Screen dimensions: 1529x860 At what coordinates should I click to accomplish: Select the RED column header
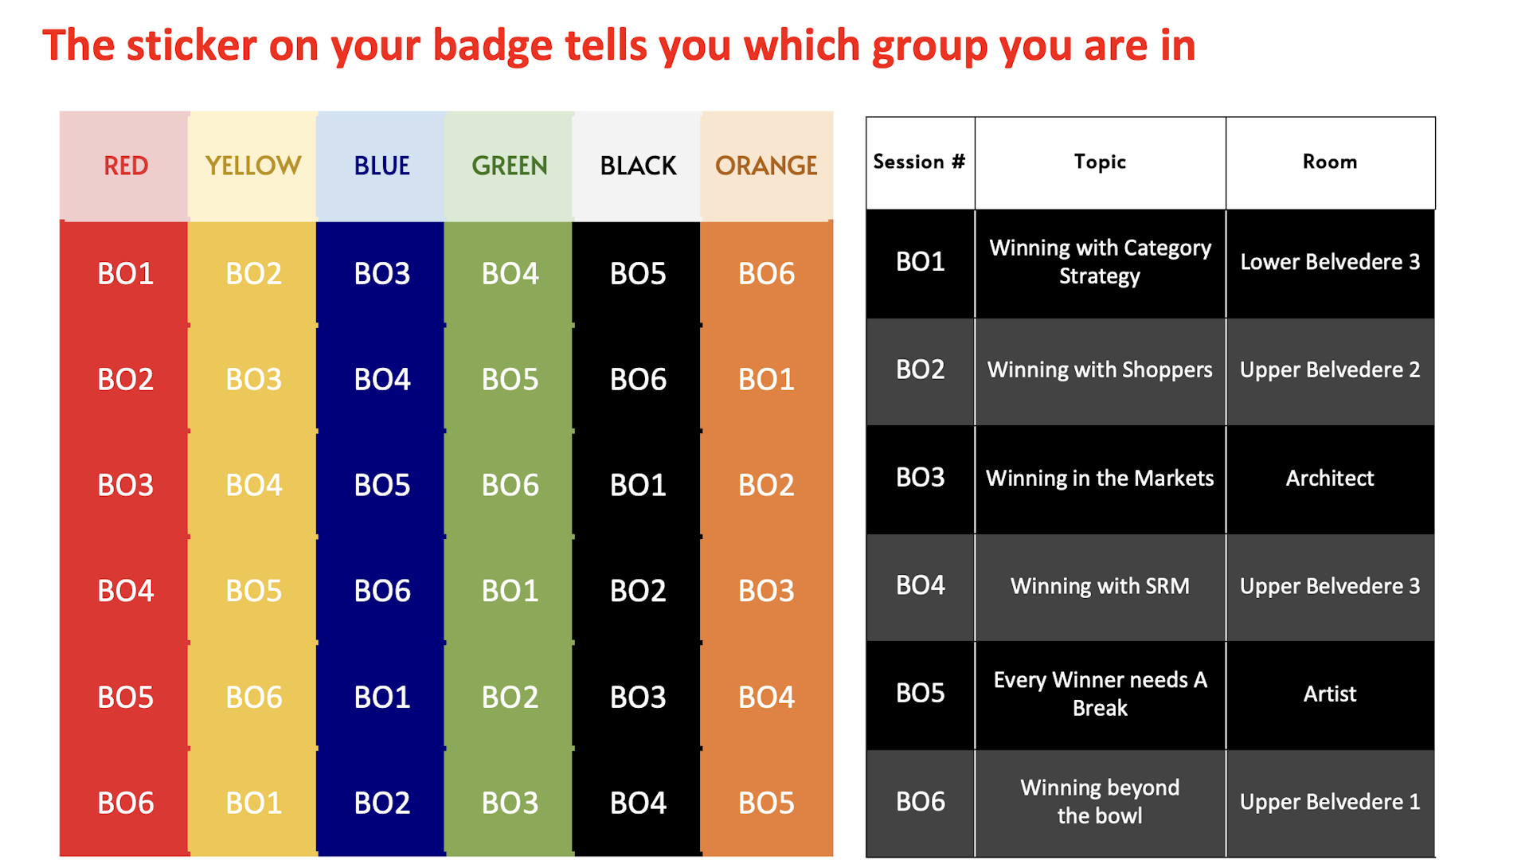pyautogui.click(x=125, y=166)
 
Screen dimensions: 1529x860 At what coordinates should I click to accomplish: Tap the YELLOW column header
pyautogui.click(x=253, y=166)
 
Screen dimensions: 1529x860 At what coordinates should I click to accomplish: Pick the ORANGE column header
pyautogui.click(x=766, y=166)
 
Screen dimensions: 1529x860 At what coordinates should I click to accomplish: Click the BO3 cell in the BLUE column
pyautogui.click(x=381, y=274)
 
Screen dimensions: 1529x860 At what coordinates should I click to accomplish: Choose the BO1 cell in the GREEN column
pyautogui.click(x=510, y=591)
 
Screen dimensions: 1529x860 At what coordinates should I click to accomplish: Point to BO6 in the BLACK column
pyautogui.click(x=638, y=379)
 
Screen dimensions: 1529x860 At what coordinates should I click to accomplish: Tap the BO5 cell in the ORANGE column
pyautogui.click(x=766, y=803)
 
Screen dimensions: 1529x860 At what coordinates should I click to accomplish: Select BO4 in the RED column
pyautogui.click(x=125, y=591)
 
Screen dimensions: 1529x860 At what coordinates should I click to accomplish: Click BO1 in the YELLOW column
pyautogui.click(x=253, y=803)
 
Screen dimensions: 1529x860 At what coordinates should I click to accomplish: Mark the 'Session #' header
pyautogui.click(x=920, y=162)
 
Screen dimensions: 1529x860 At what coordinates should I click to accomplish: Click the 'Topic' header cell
pyautogui.click(x=1100, y=162)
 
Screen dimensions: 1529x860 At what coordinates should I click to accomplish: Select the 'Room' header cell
pyautogui.click(x=1330, y=162)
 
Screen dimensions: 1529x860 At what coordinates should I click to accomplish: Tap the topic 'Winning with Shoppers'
pyautogui.click(x=1100, y=369)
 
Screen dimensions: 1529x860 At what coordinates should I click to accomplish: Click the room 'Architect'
pyautogui.click(x=1330, y=478)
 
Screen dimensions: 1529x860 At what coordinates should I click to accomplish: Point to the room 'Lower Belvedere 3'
pyautogui.click(x=1330, y=262)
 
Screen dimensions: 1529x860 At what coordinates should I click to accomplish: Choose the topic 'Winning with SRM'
pyautogui.click(x=1100, y=586)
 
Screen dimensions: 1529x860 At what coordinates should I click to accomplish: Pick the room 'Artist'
pyautogui.click(x=1330, y=694)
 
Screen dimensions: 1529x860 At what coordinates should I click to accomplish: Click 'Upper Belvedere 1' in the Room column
pyautogui.click(x=1330, y=802)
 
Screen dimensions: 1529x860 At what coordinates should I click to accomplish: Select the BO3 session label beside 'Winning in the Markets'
pyautogui.click(x=920, y=478)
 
